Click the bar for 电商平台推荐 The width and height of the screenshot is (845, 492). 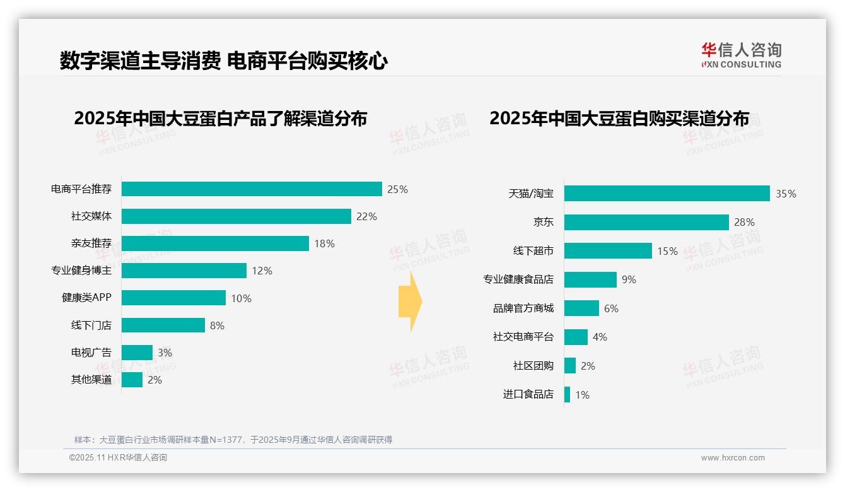pyautogui.click(x=252, y=189)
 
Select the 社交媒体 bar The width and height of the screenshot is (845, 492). pyautogui.click(x=236, y=216)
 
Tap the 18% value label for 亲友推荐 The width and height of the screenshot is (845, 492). pyautogui.click(x=324, y=243)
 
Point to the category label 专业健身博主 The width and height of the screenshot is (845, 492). pyautogui.click(x=81, y=271)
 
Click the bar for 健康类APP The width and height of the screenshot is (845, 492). pyautogui.click(x=173, y=298)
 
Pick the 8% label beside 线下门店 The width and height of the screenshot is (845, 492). pyautogui.click(x=217, y=325)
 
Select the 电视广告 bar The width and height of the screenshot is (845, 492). pyautogui.click(x=137, y=353)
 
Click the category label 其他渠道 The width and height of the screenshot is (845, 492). pyautogui.click(x=91, y=380)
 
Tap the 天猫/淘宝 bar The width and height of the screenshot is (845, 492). pyautogui.click(x=667, y=194)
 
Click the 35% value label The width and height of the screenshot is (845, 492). pyautogui.click(x=786, y=194)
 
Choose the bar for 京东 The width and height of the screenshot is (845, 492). pyautogui.click(x=646, y=222)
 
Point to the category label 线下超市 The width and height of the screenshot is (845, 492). pyautogui.click(x=533, y=251)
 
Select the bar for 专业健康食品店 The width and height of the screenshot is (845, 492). pyautogui.click(x=590, y=279)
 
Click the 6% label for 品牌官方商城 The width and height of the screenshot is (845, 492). pyautogui.click(x=611, y=308)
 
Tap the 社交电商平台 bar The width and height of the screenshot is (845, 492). pyautogui.click(x=576, y=337)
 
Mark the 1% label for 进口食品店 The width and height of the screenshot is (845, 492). pyautogui.click(x=582, y=395)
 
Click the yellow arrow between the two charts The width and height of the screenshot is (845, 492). pyautogui.click(x=410, y=302)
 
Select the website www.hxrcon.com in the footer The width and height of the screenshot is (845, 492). pyautogui.click(x=733, y=458)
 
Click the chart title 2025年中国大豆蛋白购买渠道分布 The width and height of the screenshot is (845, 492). pyautogui.click(x=619, y=119)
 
